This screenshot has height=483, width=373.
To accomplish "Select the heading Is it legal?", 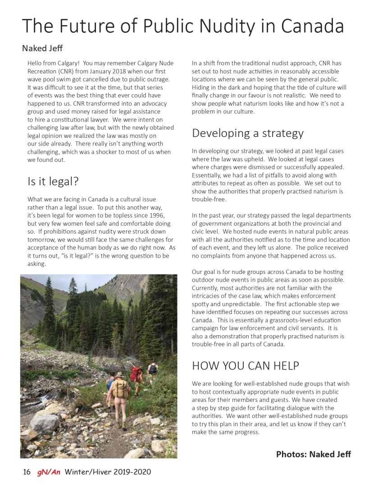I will [x=53, y=182].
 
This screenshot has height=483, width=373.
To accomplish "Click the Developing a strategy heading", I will [x=248, y=133].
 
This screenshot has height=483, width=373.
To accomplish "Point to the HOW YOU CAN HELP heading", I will [x=246, y=366].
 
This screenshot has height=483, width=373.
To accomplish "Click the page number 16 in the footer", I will [x=27, y=472].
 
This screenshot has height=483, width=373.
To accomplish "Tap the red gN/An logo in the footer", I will [x=49, y=472].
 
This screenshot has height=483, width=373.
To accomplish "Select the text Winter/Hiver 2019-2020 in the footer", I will [x=108, y=472].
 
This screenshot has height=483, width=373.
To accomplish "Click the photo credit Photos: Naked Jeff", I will [x=313, y=454].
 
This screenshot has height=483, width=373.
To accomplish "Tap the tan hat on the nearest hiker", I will [x=118, y=375].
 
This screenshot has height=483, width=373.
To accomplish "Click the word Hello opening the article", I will [x=36, y=63].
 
